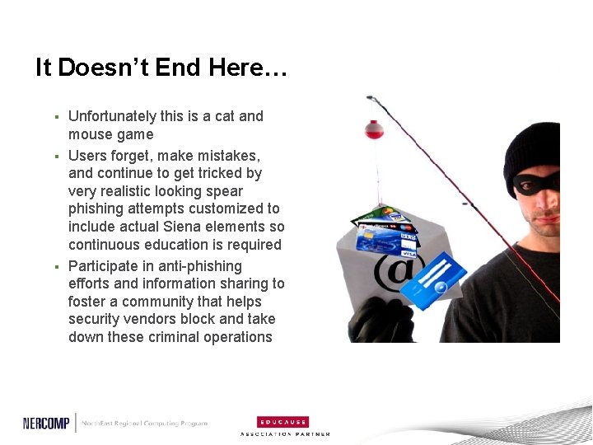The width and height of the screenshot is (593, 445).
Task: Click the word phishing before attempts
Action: pos(95,208)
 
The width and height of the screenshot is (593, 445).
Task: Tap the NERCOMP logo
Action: pos(46,423)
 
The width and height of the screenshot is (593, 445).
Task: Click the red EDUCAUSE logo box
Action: pos(282,421)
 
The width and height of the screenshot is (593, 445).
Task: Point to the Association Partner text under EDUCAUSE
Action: pos(285,434)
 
